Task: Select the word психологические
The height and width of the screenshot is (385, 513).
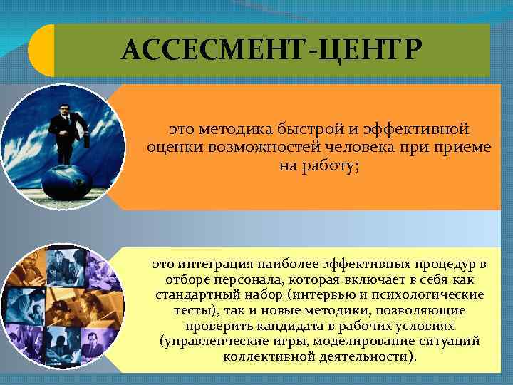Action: pyautogui.click(x=431, y=295)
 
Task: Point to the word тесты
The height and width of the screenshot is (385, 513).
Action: pyautogui.click(x=194, y=311)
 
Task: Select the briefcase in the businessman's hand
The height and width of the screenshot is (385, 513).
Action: pyautogui.click(x=87, y=140)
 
